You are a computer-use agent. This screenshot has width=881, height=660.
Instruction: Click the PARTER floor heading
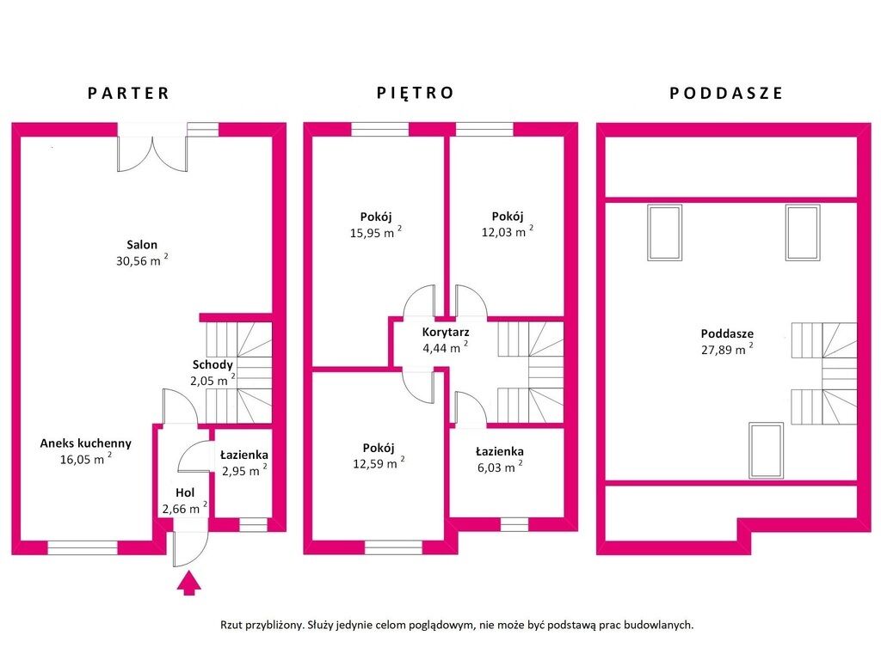coord(128,93)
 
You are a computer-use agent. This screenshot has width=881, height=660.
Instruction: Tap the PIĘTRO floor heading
coord(416,93)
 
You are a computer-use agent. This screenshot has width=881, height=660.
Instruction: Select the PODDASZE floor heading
coord(726,93)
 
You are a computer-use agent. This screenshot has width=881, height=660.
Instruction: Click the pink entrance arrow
coord(188,583)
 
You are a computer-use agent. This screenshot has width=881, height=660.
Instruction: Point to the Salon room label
coord(142,245)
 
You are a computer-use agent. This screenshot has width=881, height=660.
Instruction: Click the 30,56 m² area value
coord(142,260)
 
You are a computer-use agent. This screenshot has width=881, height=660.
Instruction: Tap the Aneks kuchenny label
coord(85,443)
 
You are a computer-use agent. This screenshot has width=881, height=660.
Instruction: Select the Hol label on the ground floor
coord(185,492)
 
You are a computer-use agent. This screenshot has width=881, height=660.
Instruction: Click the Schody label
coord(213,364)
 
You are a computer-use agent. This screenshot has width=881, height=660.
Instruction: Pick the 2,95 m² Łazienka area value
coord(244,470)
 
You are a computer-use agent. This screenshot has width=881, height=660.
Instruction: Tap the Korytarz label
coord(446,333)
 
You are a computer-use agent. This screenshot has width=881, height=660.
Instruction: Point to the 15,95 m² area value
coord(375,232)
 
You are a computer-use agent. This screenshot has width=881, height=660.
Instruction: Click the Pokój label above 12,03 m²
coord(508,216)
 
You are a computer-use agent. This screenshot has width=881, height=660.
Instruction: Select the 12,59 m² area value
coord(379,463)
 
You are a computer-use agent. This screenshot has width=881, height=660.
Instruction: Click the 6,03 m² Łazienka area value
coord(500,467)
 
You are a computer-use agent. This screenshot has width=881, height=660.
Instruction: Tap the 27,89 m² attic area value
coord(726,349)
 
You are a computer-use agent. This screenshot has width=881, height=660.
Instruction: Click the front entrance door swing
coord(190,548)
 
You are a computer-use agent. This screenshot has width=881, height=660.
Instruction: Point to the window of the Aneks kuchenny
coord(83,547)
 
